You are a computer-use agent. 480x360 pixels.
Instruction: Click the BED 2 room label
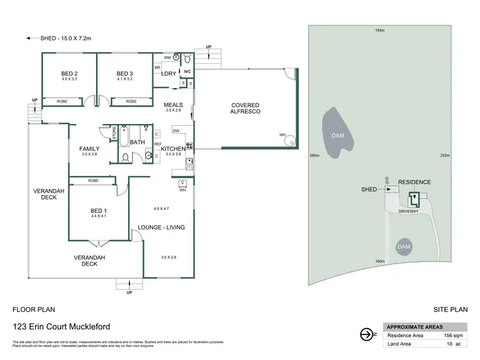click(69, 74)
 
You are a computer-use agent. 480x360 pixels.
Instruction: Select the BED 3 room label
click(125, 74)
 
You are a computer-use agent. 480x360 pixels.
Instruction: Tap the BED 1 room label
click(98, 211)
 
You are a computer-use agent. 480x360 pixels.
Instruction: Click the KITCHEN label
click(173, 149)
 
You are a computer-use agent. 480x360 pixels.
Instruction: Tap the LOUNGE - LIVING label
click(161, 228)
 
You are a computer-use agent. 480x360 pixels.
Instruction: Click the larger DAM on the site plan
click(337, 135)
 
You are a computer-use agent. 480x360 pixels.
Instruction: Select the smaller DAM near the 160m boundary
click(403, 246)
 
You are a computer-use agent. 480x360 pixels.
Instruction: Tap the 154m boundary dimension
click(380, 30)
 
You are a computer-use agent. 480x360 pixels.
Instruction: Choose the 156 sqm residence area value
click(454, 335)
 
